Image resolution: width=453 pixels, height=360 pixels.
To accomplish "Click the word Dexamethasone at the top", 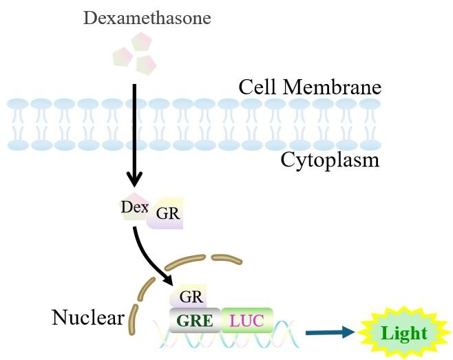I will point(147,17).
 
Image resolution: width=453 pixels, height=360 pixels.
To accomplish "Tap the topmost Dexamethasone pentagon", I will point(141,43).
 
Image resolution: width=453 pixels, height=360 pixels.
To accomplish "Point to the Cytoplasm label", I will point(330,160).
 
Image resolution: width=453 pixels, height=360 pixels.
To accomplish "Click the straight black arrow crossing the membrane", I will point(134,131).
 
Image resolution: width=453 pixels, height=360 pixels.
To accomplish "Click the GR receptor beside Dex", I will point(166,215).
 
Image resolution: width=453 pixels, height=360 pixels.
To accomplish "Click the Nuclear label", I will point(87,318).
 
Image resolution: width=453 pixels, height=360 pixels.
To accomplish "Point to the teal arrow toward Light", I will point(329,333).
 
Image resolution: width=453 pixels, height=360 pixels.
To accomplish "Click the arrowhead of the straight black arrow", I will point(134,182).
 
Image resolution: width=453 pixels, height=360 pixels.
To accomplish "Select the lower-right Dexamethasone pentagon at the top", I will point(146,65).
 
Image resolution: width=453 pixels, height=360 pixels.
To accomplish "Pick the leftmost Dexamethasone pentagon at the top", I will point(123,56).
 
